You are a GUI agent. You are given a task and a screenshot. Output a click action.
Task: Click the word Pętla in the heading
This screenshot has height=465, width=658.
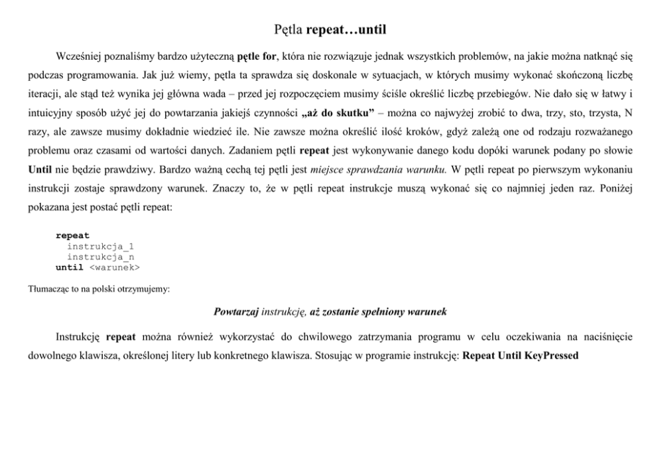coord(288,30)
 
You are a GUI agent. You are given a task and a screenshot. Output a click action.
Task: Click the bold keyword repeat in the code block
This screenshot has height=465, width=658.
coord(72,235)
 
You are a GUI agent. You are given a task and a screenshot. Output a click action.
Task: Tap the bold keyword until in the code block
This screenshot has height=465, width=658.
coord(70,267)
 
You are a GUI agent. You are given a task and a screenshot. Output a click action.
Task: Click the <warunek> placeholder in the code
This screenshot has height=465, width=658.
coord(114,267)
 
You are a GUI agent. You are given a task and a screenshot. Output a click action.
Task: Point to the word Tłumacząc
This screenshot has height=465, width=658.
coord(48,289)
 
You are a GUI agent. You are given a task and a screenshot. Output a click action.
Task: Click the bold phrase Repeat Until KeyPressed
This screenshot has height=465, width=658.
coord(520,356)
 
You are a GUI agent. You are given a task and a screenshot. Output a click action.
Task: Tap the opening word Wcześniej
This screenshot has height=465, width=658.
coord(78,53)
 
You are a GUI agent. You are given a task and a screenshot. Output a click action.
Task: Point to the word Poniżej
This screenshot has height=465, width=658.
coord(615,188)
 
